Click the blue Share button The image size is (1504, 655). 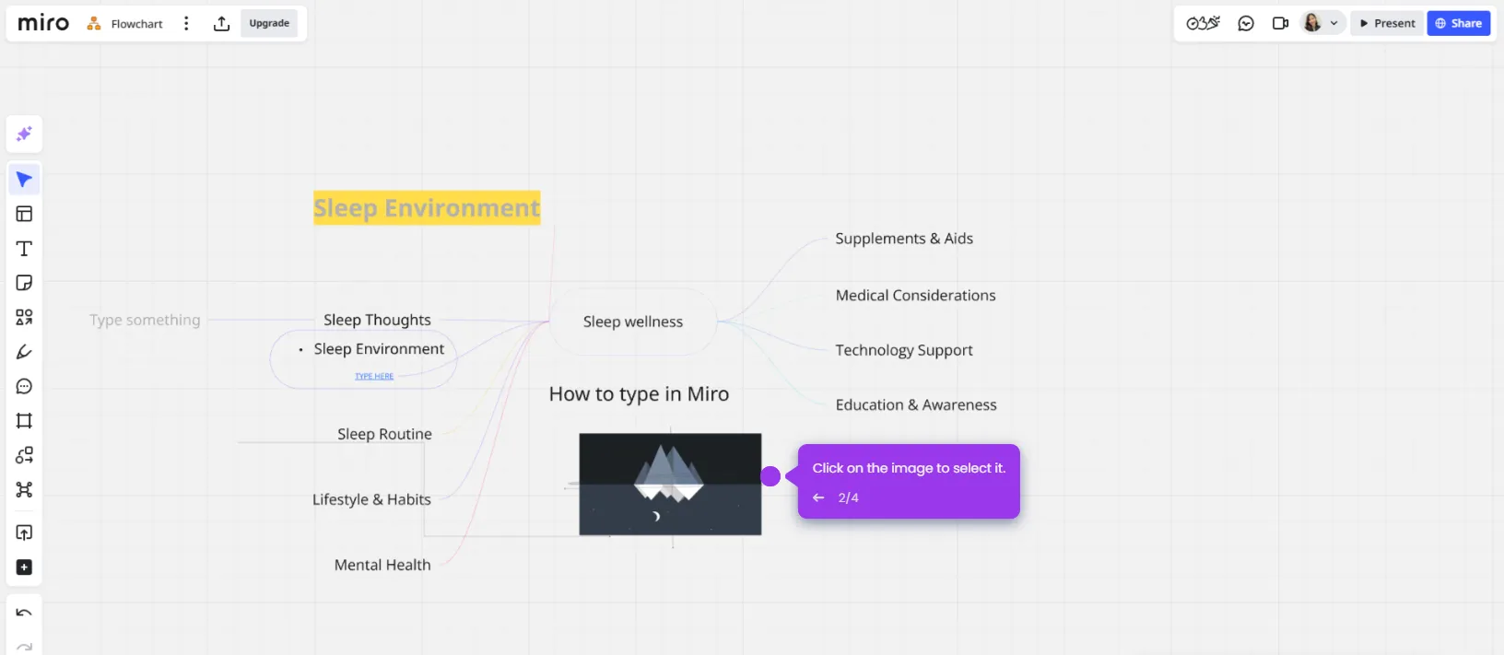[x=1458, y=23]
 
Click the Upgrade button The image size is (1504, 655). [x=269, y=23]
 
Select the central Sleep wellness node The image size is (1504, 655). [x=633, y=322]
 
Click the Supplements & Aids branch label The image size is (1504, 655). [x=904, y=239]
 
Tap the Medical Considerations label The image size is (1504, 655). [x=915, y=296]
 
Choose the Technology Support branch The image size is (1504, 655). [x=904, y=350]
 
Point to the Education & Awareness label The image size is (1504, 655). [x=916, y=404]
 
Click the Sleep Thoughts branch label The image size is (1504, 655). [x=377, y=320]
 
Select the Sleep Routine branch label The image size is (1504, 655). [x=384, y=434]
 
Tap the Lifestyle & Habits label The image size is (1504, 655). [x=371, y=499]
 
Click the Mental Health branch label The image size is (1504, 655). [x=382, y=565]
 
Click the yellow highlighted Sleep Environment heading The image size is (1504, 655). [x=427, y=208]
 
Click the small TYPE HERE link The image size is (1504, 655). [x=374, y=376]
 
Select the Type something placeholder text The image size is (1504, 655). [x=145, y=320]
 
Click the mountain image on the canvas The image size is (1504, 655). [x=670, y=484]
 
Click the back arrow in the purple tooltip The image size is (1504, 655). [x=818, y=497]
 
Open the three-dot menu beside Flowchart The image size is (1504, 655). [x=186, y=23]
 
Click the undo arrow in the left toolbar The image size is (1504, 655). [x=24, y=613]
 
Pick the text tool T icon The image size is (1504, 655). [x=24, y=249]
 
